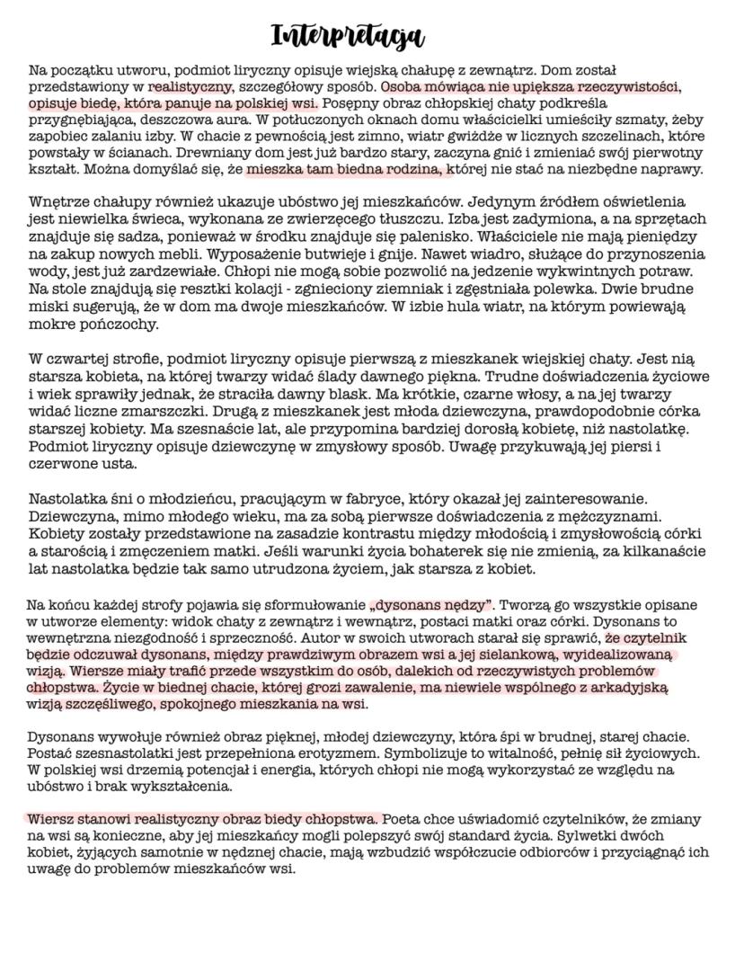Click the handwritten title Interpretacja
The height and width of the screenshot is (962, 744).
pyautogui.click(x=347, y=35)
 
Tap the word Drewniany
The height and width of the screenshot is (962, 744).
pyautogui.click(x=225, y=153)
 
